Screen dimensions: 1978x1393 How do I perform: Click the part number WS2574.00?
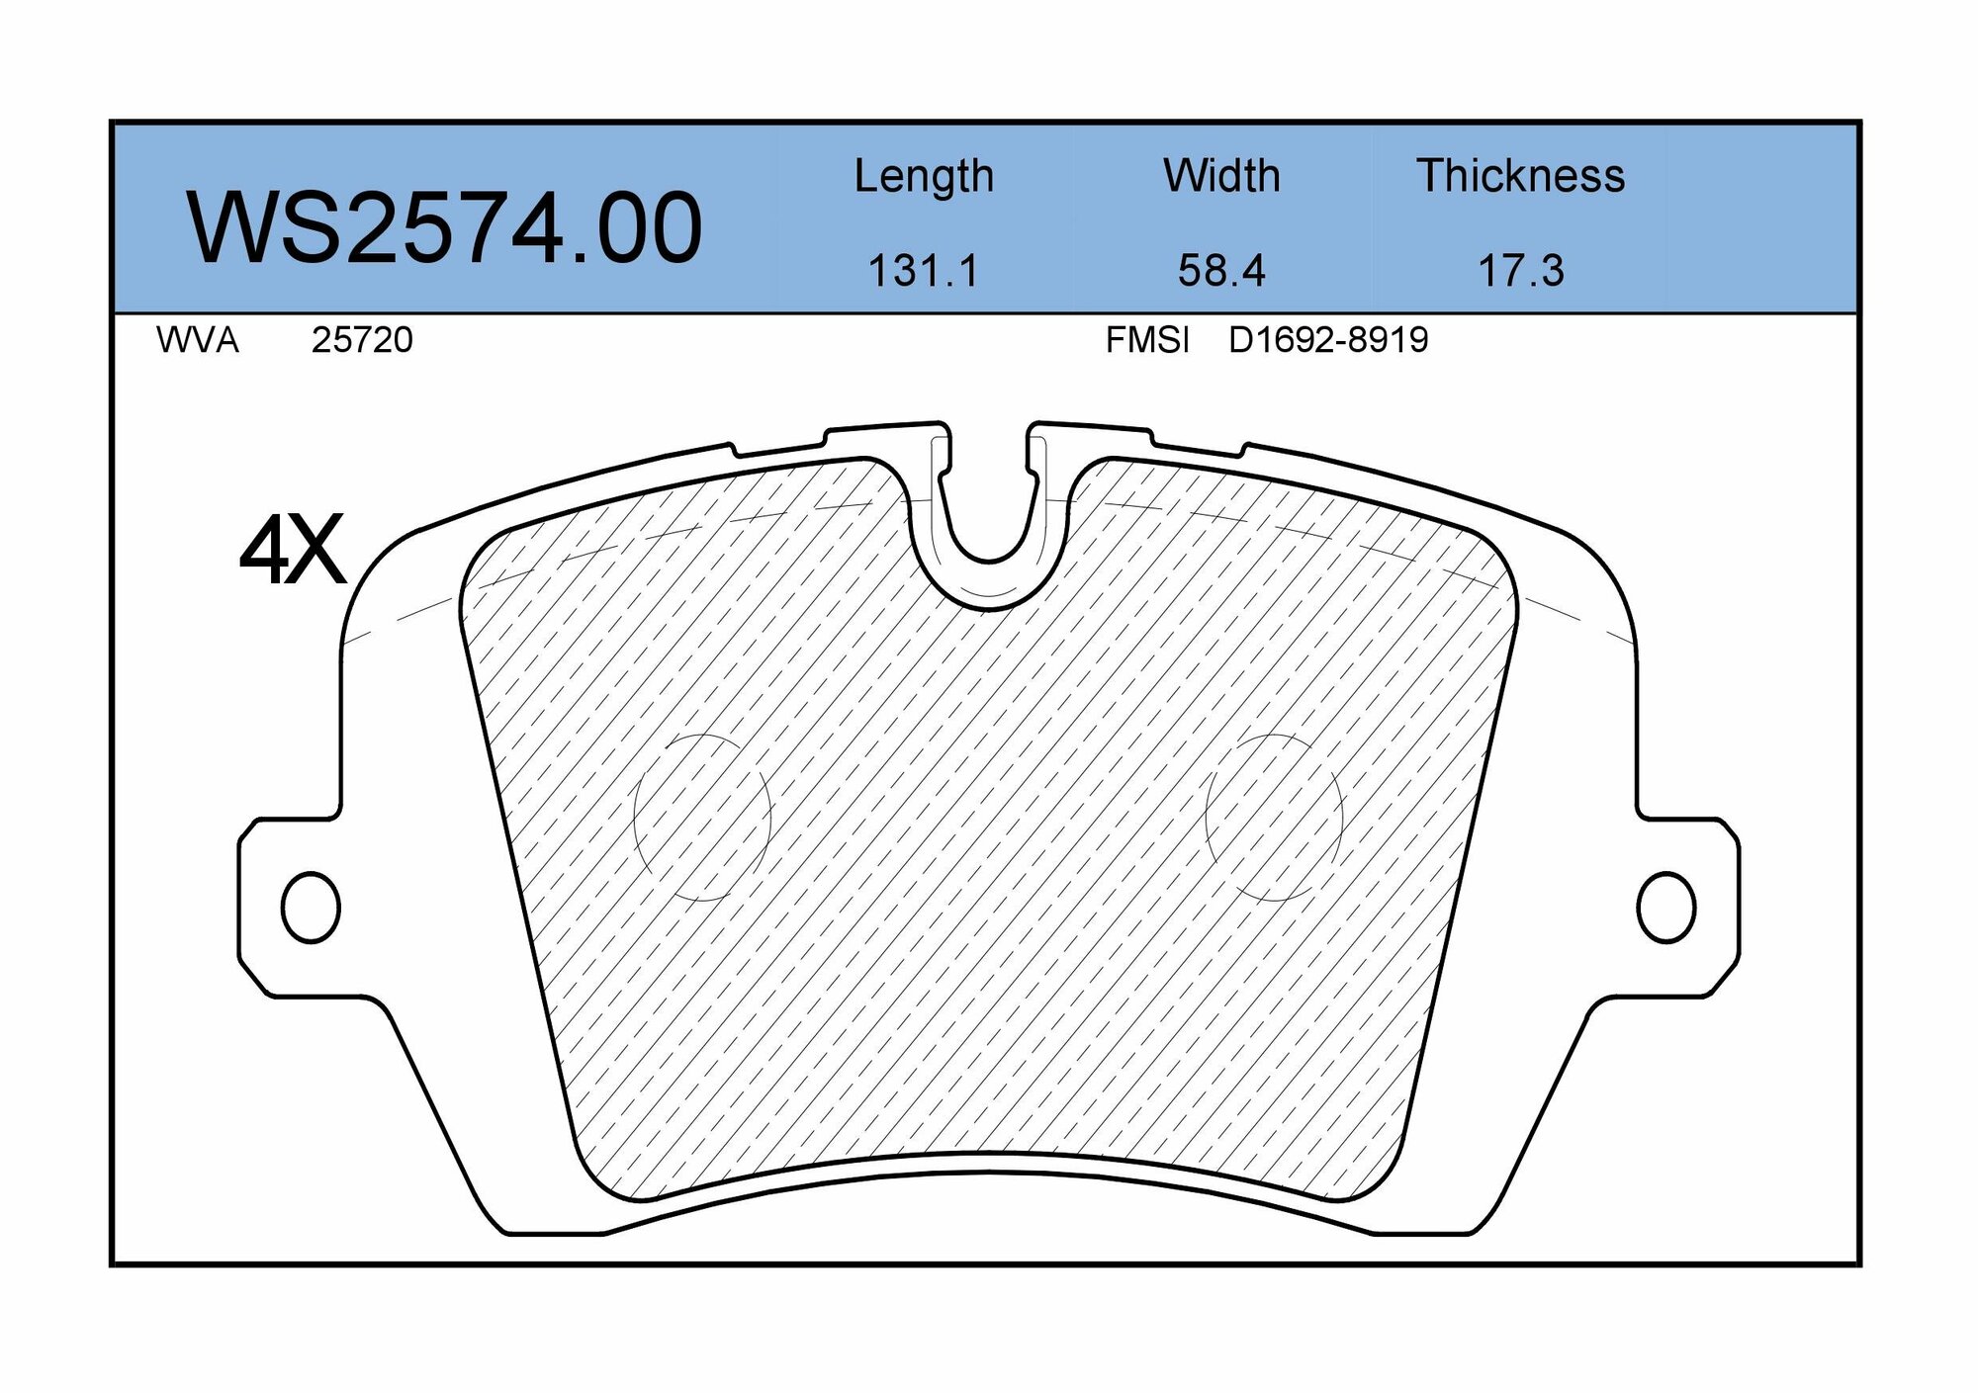[x=444, y=228]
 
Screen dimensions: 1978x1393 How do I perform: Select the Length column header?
[x=924, y=177]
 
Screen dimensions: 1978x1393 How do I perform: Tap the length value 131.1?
[x=923, y=271]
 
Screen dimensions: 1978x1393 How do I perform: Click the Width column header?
[x=1221, y=176]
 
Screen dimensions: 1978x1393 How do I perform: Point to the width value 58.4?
[x=1221, y=271]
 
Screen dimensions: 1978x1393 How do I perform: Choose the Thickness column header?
[x=1520, y=176]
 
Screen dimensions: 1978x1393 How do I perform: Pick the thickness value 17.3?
[x=1520, y=271]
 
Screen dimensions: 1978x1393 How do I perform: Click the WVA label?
[x=197, y=340]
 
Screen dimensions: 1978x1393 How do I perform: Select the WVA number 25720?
[x=362, y=340]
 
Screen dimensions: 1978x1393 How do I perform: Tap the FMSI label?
[x=1147, y=340]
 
